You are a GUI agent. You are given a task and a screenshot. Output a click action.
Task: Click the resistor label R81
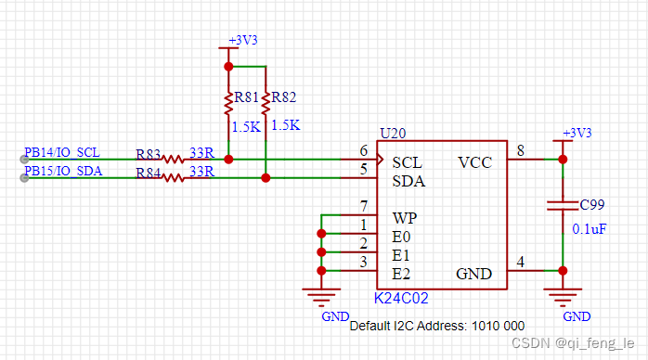click(x=246, y=96)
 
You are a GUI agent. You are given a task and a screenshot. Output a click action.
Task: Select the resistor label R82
click(x=285, y=96)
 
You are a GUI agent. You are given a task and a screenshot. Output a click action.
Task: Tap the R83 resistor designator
click(x=148, y=154)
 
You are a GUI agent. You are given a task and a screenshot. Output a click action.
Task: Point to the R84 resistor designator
click(x=148, y=173)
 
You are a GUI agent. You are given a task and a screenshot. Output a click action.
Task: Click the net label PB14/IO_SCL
click(x=62, y=152)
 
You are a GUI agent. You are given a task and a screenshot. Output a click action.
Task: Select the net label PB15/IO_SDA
click(x=63, y=171)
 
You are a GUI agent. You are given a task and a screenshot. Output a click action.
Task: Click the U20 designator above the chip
click(x=392, y=133)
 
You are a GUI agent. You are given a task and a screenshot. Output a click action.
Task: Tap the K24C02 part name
click(x=401, y=299)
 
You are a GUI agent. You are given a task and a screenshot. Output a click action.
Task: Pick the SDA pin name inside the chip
click(x=408, y=181)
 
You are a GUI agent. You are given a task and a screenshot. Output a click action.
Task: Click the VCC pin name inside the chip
click(x=475, y=162)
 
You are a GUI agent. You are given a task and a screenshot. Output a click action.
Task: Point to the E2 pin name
click(x=401, y=274)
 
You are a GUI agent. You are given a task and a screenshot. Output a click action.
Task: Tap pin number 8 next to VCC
click(x=520, y=150)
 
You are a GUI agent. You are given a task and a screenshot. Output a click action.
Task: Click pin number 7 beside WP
click(x=364, y=206)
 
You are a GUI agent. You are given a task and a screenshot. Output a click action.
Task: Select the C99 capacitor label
click(x=591, y=204)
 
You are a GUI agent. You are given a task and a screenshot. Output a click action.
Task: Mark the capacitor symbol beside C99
click(x=562, y=205)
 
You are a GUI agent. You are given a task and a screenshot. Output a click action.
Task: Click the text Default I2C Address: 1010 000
click(x=436, y=327)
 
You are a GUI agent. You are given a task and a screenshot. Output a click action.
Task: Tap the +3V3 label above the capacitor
click(x=577, y=133)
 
